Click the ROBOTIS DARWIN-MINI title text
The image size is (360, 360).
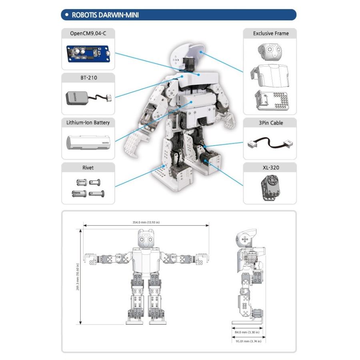pyautogui.click(x=105, y=15)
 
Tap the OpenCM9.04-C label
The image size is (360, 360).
pyautogui.click(x=88, y=33)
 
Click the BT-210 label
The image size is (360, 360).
pyautogui.click(x=88, y=78)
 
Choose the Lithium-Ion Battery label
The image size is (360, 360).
pyautogui.click(x=88, y=122)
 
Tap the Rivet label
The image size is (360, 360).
pyautogui.click(x=88, y=168)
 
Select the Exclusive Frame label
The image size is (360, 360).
pyautogui.click(x=270, y=33)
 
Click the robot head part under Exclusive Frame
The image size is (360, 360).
pyautogui.click(x=270, y=51)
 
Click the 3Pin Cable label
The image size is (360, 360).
pyautogui.click(x=270, y=123)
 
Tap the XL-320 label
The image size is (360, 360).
pyautogui.click(x=270, y=168)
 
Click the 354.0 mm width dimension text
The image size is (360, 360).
pyautogui.click(x=146, y=222)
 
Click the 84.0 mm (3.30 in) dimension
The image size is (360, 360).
pyautogui.click(x=246, y=332)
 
